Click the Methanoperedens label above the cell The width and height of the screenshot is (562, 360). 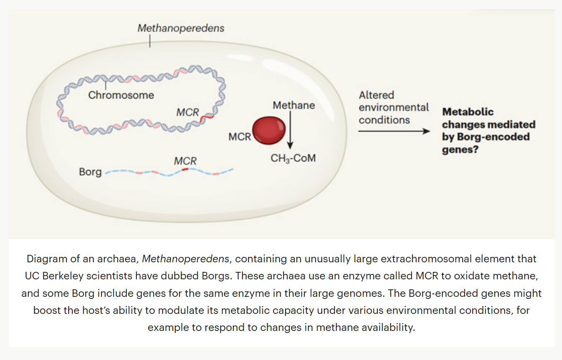(181, 28)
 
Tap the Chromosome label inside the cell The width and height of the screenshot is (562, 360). (121, 95)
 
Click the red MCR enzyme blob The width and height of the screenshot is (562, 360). (269, 131)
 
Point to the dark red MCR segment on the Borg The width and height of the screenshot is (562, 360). (185, 169)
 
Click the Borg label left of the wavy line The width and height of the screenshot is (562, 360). (90, 171)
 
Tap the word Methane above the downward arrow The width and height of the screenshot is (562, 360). (293, 106)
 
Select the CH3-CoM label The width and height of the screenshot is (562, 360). (293, 158)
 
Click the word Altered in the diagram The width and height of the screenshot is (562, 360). (377, 95)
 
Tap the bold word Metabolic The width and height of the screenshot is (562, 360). (468, 112)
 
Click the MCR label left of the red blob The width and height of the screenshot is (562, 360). (239, 136)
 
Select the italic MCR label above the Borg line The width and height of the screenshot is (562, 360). (185, 161)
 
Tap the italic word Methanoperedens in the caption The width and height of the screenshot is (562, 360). (185, 259)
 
